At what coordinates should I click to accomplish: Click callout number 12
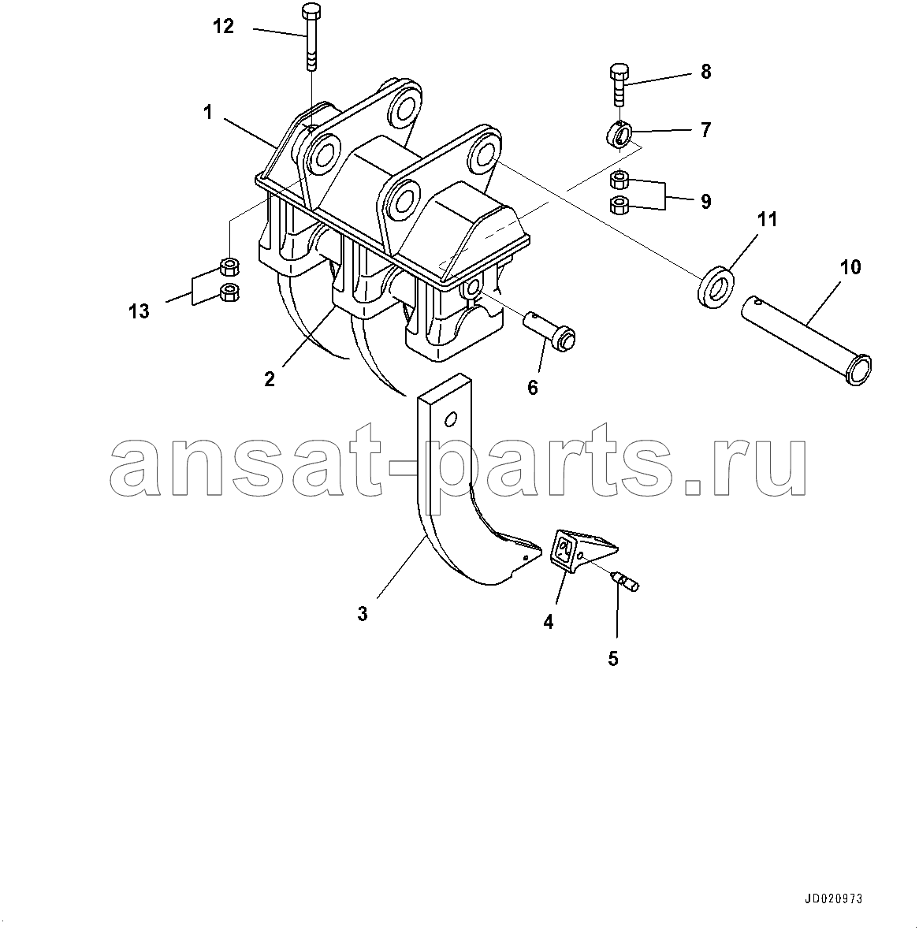click(224, 26)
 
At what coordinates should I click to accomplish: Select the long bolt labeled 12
click(311, 38)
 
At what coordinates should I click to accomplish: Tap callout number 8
click(705, 72)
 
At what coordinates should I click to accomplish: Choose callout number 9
click(705, 202)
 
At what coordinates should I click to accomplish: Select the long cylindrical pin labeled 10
click(806, 340)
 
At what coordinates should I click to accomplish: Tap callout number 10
click(850, 267)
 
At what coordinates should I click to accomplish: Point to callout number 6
click(533, 388)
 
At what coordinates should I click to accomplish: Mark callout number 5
click(613, 658)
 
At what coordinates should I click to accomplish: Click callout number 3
click(363, 614)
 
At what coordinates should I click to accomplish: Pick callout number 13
click(140, 311)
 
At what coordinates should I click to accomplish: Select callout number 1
click(207, 113)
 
